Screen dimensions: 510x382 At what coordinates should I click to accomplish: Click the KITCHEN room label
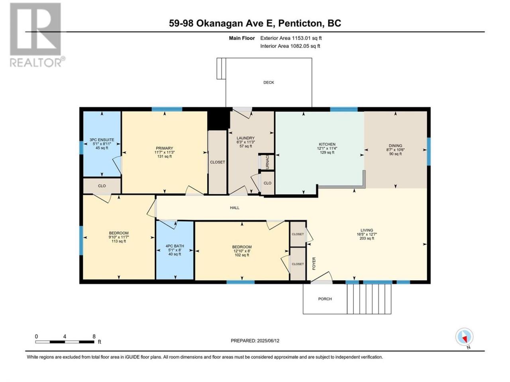click(327, 144)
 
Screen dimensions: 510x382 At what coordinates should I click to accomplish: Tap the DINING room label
click(395, 146)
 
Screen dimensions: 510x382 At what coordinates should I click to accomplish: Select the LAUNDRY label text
click(245, 138)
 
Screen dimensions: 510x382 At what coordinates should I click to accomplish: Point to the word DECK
click(269, 82)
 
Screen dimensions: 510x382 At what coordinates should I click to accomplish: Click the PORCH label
click(325, 299)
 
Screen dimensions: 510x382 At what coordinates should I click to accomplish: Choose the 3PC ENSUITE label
click(102, 140)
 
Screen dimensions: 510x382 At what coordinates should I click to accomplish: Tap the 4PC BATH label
click(175, 246)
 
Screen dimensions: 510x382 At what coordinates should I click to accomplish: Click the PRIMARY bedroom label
click(165, 148)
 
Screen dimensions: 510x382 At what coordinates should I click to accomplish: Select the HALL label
click(235, 208)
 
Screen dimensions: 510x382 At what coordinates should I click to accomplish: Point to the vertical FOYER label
click(314, 263)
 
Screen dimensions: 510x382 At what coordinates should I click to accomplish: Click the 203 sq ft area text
click(367, 238)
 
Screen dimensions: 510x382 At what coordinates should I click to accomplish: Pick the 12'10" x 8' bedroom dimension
click(242, 251)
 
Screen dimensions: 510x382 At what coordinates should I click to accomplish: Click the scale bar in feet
click(65, 342)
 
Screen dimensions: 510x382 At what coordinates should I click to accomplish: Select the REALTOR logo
click(36, 35)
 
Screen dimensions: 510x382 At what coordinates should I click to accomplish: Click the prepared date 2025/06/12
click(268, 341)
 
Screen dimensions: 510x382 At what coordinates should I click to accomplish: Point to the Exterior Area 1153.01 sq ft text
click(291, 38)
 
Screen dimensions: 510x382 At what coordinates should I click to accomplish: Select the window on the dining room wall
click(429, 152)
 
